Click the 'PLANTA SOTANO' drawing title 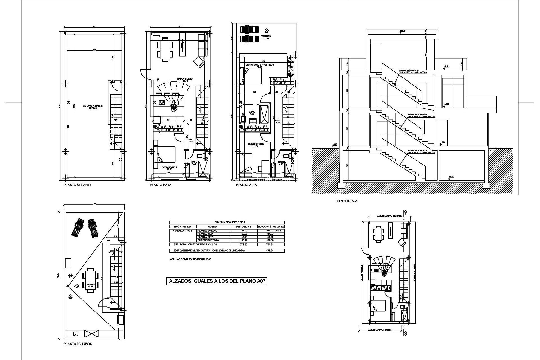tap(77, 185)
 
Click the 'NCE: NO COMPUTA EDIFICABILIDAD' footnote tap(190, 259)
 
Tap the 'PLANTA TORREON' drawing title tap(78, 344)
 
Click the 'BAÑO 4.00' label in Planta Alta tap(252, 113)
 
